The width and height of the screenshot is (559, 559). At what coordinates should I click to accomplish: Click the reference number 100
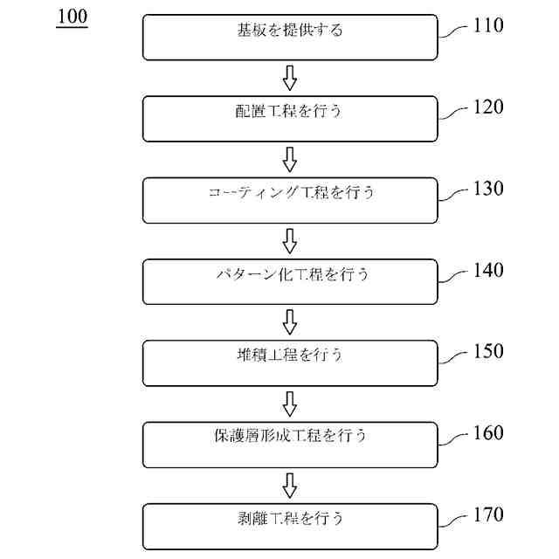click(x=72, y=17)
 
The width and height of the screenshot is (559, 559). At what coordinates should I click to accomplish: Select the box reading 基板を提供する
click(x=290, y=37)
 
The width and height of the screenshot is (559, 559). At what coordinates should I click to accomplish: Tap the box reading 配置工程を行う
click(x=290, y=118)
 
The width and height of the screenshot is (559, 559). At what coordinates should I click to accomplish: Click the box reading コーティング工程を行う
click(x=290, y=200)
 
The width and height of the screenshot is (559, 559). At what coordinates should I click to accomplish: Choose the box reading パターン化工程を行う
click(x=290, y=281)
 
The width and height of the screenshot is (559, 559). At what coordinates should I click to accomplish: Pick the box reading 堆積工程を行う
click(x=290, y=362)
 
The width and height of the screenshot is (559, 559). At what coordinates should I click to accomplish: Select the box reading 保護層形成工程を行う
click(x=290, y=445)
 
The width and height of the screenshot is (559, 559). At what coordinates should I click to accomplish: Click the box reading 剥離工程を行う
click(x=290, y=526)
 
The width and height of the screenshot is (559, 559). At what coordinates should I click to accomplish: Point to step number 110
click(x=487, y=25)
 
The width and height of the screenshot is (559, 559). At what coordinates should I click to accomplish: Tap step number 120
click(x=487, y=107)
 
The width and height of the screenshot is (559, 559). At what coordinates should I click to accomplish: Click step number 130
click(x=487, y=189)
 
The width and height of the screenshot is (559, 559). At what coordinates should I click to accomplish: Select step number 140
click(x=487, y=270)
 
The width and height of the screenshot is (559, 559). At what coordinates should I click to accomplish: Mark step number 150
click(x=487, y=351)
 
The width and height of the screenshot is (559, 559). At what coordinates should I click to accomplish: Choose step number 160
click(x=487, y=433)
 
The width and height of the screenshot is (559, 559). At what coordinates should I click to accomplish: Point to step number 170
click(x=487, y=514)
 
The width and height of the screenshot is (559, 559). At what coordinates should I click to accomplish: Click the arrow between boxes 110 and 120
click(x=290, y=78)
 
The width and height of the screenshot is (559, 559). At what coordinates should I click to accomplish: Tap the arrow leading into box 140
click(x=290, y=240)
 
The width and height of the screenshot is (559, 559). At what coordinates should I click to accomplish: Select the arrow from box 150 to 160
click(x=290, y=404)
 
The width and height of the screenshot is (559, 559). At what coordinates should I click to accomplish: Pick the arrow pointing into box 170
click(x=290, y=485)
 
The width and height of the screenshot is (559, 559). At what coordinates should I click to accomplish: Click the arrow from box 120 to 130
click(x=290, y=159)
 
